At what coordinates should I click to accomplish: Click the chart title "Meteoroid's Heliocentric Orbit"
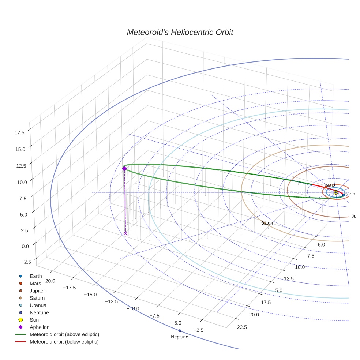tap(180, 32)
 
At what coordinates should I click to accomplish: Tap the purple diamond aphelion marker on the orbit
tap(124, 169)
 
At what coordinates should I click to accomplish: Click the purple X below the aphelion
tap(125, 233)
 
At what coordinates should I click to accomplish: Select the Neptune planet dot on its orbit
tap(180, 331)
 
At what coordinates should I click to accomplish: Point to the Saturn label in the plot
tap(268, 223)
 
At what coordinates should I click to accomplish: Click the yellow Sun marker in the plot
tap(335, 192)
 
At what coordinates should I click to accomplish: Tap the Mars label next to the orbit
tap(330, 185)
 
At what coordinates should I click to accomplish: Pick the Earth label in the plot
tap(349, 194)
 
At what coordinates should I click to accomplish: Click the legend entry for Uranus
tap(38, 305)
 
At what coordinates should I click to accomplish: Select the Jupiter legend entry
tap(37, 291)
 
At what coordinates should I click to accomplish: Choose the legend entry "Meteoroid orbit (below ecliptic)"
tap(64, 342)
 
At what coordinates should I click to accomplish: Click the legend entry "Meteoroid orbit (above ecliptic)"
tap(64, 334)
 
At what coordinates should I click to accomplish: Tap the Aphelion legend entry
tap(40, 327)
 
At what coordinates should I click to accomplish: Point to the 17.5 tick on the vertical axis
tap(19, 132)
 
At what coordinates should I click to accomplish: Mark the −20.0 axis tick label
tap(49, 281)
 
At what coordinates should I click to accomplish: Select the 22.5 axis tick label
tap(242, 327)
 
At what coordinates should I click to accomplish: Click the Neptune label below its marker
tap(180, 337)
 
